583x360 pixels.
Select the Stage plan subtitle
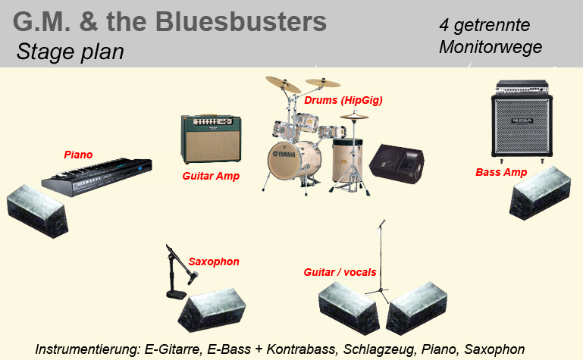click(x=71, y=52)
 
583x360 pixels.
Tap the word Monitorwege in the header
click(x=491, y=47)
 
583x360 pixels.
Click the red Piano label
click(x=78, y=155)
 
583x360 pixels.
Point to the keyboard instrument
click(x=97, y=177)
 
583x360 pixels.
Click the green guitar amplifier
click(x=211, y=139)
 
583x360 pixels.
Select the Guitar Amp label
click(x=211, y=176)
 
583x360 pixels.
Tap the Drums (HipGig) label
click(x=343, y=100)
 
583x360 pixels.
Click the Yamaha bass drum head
click(x=284, y=160)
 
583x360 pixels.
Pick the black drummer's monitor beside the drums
click(x=397, y=164)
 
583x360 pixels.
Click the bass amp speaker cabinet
click(x=522, y=126)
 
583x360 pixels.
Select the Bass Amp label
click(x=501, y=172)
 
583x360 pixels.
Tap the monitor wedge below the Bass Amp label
click(x=540, y=193)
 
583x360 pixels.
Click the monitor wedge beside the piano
click(x=38, y=211)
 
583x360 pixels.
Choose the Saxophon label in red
click(x=214, y=261)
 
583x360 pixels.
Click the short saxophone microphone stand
click(x=175, y=273)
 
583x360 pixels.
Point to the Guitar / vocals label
click(x=340, y=272)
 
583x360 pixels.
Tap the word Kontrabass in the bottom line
click(x=300, y=349)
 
